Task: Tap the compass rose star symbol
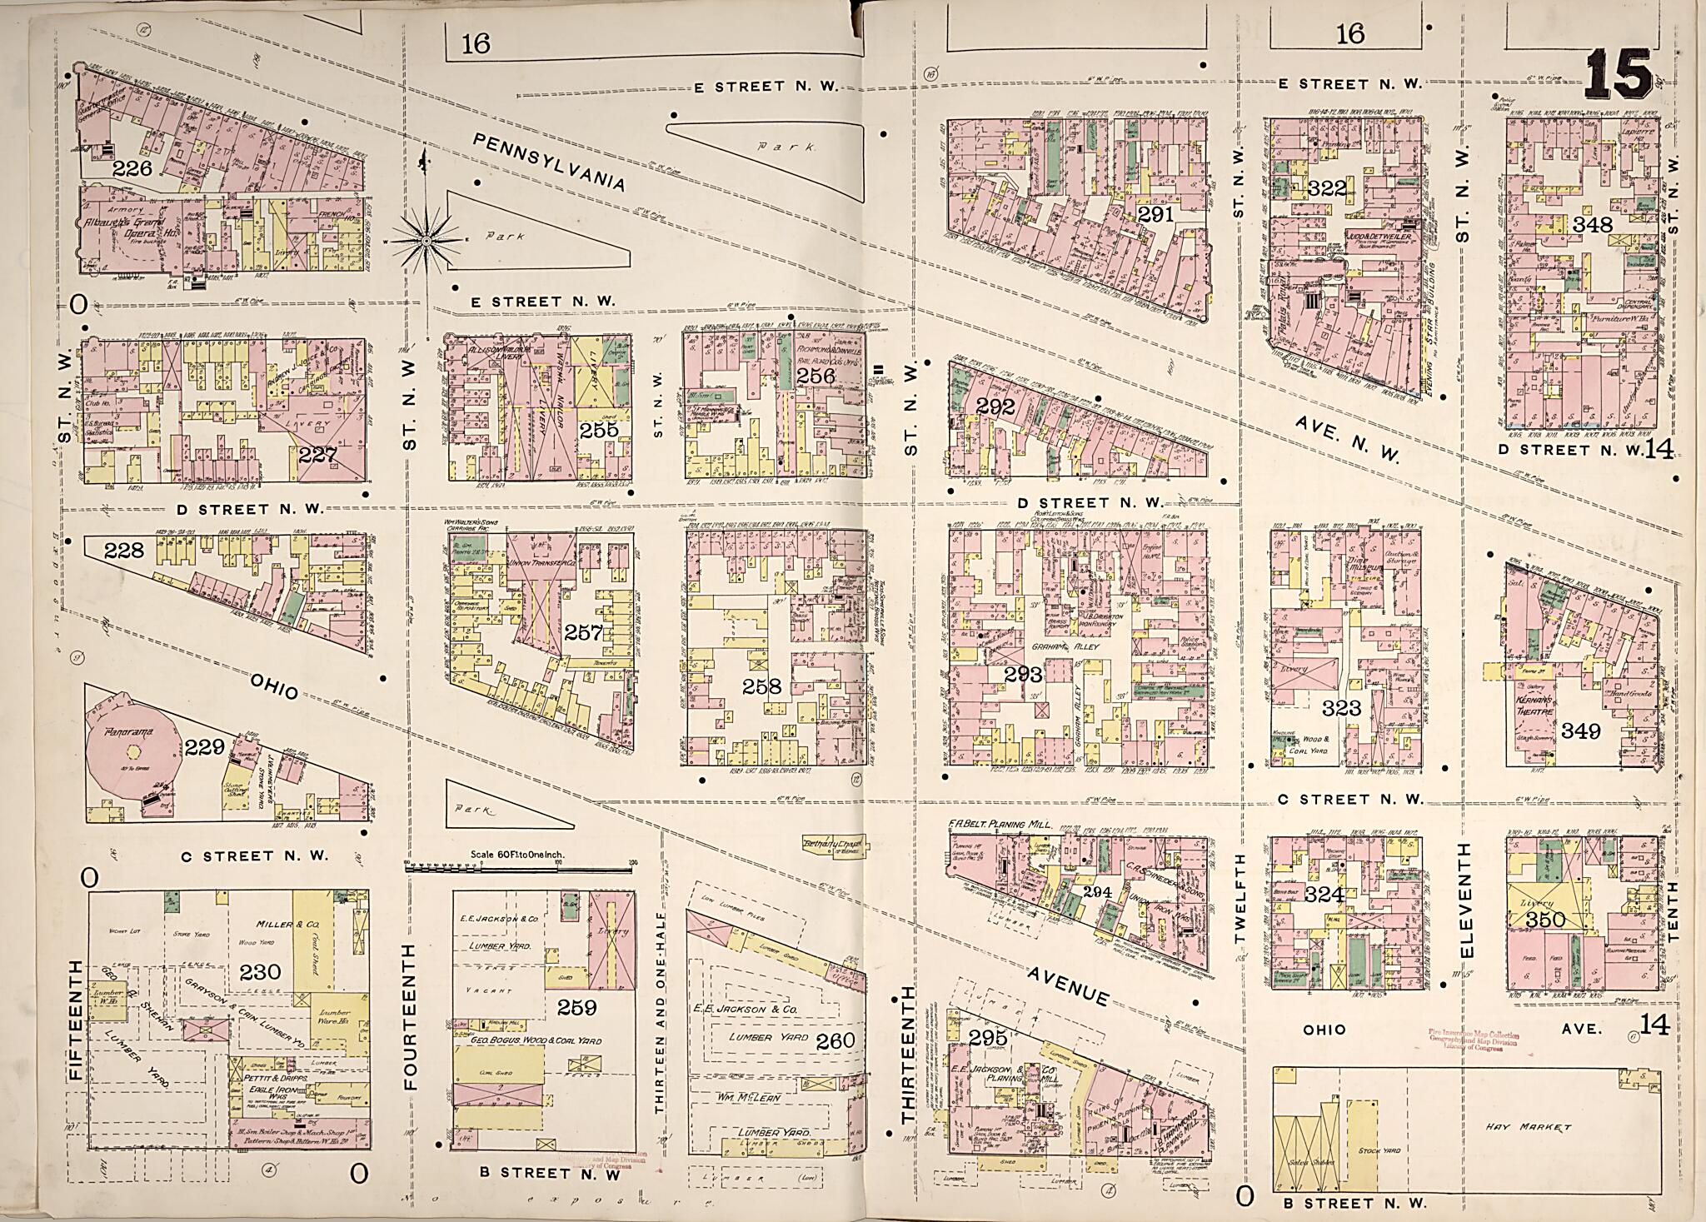425,241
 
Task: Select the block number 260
836,1041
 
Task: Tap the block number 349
1580,731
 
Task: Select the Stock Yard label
1378,1150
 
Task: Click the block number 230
261,971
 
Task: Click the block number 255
599,430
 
